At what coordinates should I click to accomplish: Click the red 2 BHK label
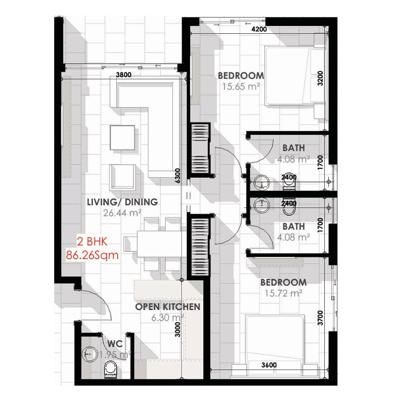click(92, 241)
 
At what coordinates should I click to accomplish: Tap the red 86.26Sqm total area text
click(92, 255)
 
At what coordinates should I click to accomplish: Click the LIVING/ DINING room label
click(123, 202)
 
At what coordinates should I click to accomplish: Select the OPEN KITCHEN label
click(167, 307)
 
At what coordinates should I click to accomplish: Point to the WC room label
click(115, 344)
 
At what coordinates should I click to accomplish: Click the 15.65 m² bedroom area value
click(241, 87)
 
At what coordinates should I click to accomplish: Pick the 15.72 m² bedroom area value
click(284, 293)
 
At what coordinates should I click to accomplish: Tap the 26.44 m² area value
click(122, 213)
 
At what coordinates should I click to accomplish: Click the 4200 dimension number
click(259, 29)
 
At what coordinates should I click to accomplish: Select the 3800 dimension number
click(124, 75)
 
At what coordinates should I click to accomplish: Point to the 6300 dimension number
click(178, 176)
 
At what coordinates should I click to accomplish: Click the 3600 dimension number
click(269, 365)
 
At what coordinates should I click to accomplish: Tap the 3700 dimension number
click(320, 318)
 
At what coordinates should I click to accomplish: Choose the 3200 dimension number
click(320, 79)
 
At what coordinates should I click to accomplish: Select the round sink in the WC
click(90, 354)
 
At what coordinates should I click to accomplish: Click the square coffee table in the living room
click(123, 138)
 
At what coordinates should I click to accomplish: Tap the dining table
click(162, 244)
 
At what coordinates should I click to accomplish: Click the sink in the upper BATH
click(262, 182)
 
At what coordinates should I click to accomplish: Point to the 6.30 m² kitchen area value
click(167, 317)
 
